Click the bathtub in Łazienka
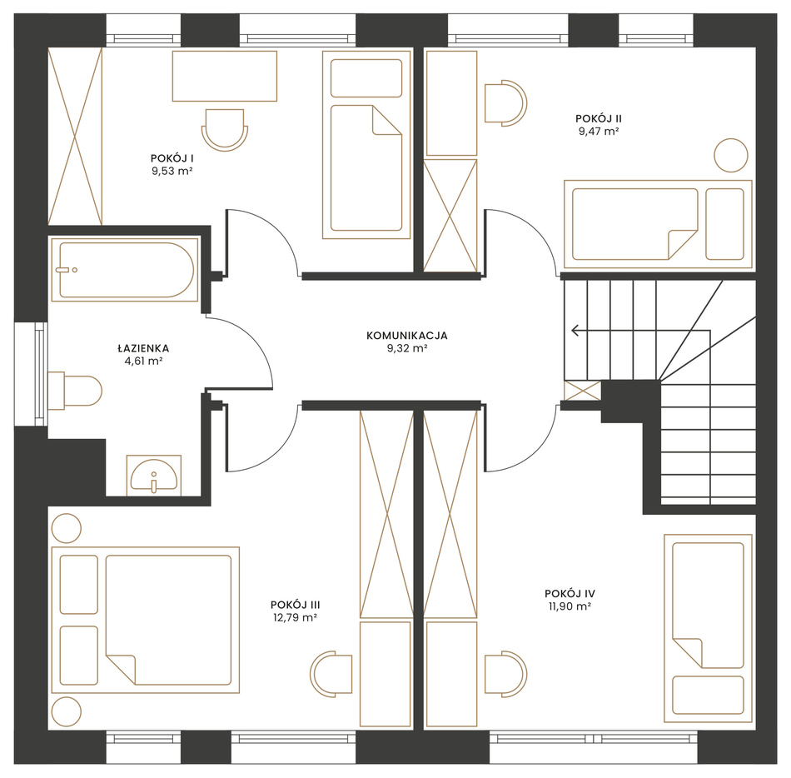(x=124, y=270)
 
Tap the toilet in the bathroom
(x=75, y=391)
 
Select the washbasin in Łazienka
(x=154, y=475)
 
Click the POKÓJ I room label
(x=172, y=158)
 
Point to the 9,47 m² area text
(x=599, y=131)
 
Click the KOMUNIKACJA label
(x=407, y=336)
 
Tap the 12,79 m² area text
(x=295, y=617)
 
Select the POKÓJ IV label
(x=570, y=593)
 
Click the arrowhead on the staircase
(x=575, y=331)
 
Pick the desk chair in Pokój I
(x=225, y=130)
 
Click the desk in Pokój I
(x=225, y=76)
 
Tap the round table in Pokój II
(x=731, y=156)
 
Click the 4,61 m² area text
(x=144, y=361)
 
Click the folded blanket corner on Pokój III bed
(x=121, y=670)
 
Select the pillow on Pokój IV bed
(x=709, y=696)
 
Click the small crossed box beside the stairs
(x=583, y=391)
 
